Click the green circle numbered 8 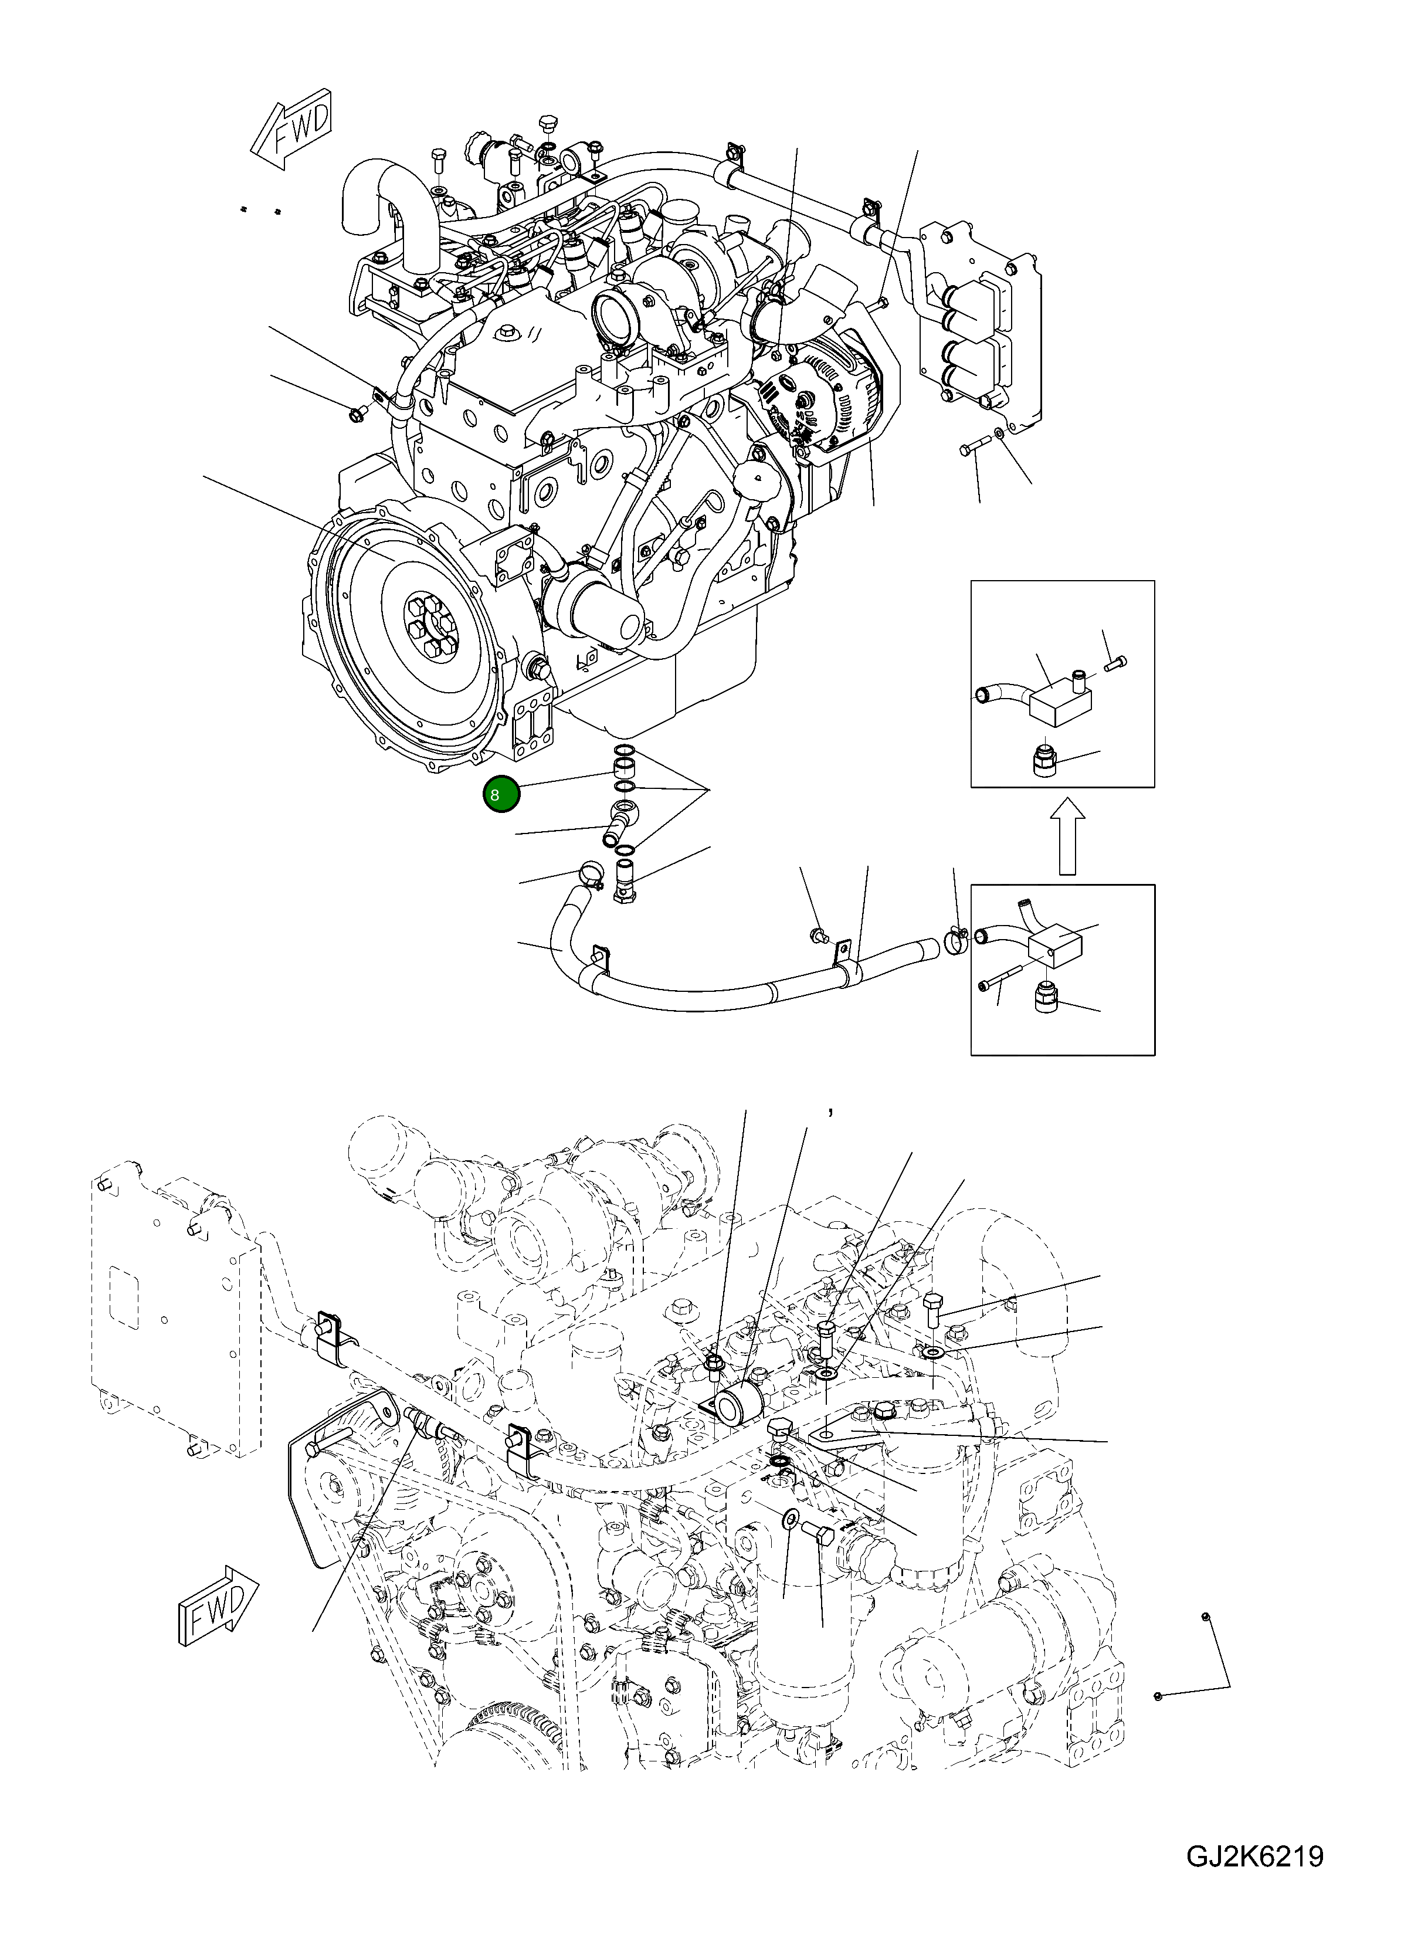501,794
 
